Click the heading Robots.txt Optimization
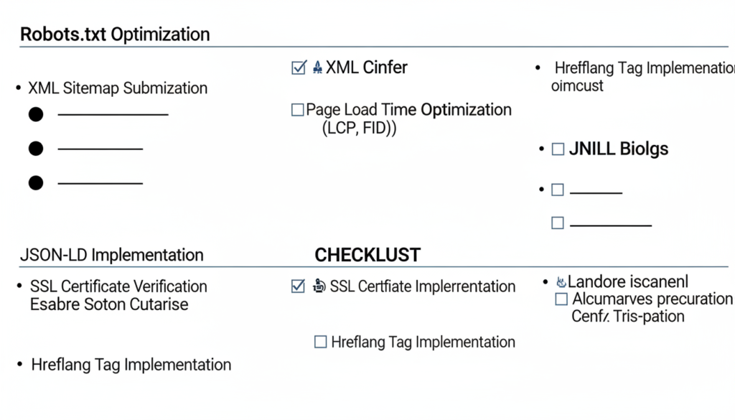(115, 34)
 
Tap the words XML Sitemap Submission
(118, 88)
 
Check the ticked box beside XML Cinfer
(299, 68)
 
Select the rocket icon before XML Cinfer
(317, 68)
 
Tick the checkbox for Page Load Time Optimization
(297, 111)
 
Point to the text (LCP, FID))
(360, 129)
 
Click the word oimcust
(577, 86)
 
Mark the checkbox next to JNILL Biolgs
(558, 149)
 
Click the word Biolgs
(644, 149)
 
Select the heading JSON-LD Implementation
(111, 255)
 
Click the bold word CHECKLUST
(367, 255)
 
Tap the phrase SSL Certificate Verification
(118, 286)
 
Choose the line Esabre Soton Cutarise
(109, 304)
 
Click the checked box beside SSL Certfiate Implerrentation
(298, 286)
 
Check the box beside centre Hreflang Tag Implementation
(321, 342)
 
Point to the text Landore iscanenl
(627, 281)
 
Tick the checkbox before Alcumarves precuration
(561, 299)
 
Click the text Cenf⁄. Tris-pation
(627, 317)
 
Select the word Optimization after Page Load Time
(466, 110)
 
